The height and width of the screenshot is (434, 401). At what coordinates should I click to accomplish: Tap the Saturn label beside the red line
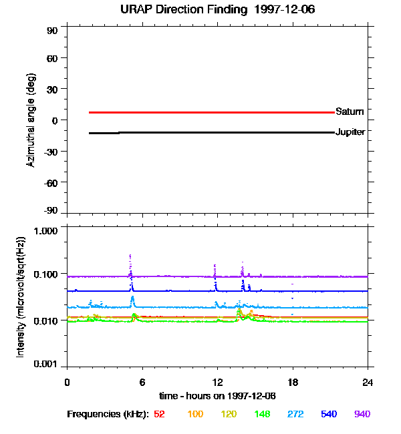[x=350, y=112]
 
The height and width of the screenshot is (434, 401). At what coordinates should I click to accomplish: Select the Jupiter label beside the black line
[x=350, y=132]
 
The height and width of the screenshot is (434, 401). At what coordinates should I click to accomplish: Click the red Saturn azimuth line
[x=200, y=112]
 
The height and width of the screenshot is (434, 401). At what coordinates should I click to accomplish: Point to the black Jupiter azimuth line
[x=200, y=132]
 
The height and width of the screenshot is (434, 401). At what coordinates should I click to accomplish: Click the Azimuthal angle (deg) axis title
[x=31, y=120]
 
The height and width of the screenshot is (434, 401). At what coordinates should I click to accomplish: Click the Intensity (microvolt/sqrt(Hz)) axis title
[x=21, y=296]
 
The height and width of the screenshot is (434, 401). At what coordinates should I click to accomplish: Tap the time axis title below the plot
[x=218, y=396]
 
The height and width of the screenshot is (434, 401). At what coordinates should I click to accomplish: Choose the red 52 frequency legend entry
[x=159, y=415]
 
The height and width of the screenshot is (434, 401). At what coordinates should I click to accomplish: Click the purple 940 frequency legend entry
[x=362, y=415]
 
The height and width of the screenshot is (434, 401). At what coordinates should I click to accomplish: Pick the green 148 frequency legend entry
[x=261, y=415]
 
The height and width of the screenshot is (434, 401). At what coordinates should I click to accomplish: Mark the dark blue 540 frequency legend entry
[x=329, y=415]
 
